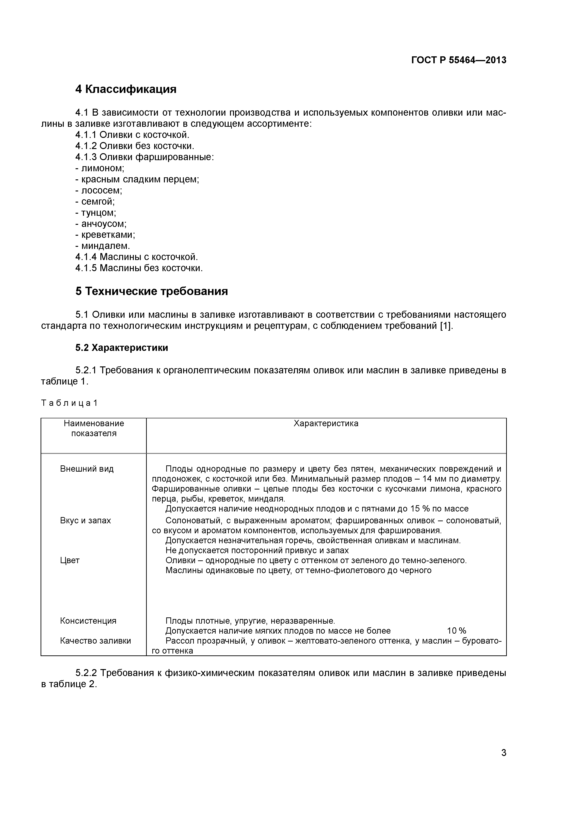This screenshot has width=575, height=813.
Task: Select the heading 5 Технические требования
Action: [152, 291]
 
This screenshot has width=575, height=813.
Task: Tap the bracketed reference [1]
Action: [446, 326]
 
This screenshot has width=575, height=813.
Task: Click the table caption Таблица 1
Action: [69, 403]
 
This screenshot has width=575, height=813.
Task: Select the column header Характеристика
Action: [326, 423]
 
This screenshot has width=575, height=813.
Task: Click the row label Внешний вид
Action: [87, 469]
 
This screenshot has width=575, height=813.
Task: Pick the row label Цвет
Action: [70, 560]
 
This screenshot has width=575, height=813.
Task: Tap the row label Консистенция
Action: [88, 621]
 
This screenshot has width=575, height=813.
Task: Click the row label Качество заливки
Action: [95, 641]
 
